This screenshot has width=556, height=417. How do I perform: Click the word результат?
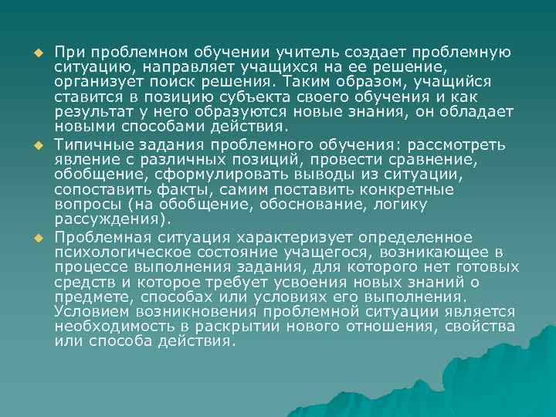point(93,112)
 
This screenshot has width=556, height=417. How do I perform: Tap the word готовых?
point(490,266)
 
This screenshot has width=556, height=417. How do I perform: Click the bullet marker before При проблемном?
point(36,53)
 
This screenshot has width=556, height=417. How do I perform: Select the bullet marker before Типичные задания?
point(36,146)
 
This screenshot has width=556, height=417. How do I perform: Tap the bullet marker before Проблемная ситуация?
point(36,237)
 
